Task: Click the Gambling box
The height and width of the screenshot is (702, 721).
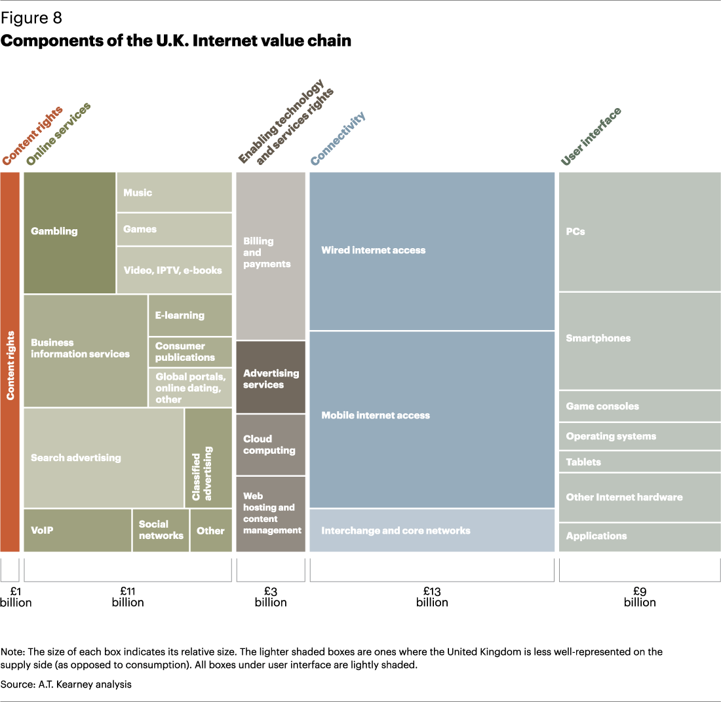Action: [x=69, y=232]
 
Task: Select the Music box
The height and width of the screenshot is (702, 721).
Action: [x=174, y=193]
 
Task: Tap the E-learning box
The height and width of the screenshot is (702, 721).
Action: [x=190, y=315]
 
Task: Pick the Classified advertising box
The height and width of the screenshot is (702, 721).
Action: [x=208, y=458]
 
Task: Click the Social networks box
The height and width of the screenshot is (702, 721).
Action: [x=161, y=530]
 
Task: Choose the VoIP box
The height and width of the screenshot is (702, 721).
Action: [x=77, y=530]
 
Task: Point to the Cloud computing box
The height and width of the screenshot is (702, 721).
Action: [x=271, y=445]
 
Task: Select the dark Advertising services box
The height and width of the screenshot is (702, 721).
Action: [x=271, y=378]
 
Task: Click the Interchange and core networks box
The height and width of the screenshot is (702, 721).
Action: [x=432, y=530]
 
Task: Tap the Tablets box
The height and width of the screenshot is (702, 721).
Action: [x=639, y=462]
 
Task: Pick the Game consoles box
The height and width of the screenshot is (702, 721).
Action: [x=639, y=407]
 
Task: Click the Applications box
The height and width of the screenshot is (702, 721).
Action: [x=639, y=536]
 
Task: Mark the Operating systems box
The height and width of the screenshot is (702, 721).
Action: [x=639, y=436]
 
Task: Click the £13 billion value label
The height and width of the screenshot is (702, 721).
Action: [x=432, y=596]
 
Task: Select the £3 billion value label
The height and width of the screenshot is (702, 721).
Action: [x=271, y=596]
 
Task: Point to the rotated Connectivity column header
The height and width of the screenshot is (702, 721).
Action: [x=338, y=138]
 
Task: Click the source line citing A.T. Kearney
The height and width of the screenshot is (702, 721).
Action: [x=66, y=684]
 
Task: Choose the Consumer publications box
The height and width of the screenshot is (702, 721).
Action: [x=190, y=352]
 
